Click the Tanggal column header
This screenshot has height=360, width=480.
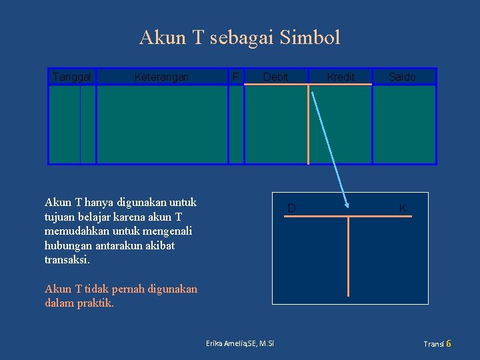71,77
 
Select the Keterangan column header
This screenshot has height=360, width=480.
161,77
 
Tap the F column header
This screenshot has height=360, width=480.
235,77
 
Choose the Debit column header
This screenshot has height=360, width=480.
275,77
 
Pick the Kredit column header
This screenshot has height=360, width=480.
341,77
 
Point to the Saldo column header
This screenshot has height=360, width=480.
403,77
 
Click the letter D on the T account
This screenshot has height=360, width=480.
291,209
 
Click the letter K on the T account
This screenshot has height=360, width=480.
402,209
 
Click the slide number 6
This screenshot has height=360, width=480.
449,344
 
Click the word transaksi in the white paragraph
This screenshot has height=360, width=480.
66,260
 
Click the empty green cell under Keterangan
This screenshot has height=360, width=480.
162,124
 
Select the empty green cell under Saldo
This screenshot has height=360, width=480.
404,124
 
